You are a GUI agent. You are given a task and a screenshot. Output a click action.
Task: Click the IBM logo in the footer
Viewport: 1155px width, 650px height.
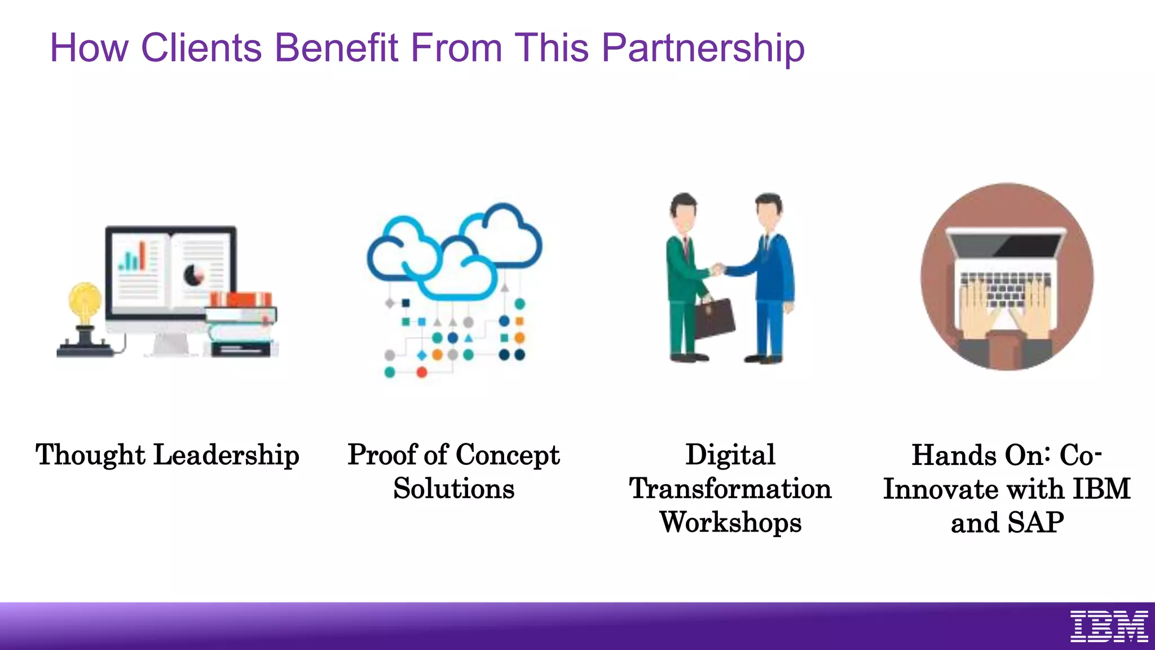1109,626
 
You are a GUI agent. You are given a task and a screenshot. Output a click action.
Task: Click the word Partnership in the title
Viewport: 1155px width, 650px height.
703,49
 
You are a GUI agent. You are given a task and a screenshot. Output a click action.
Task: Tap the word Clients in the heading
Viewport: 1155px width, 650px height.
201,47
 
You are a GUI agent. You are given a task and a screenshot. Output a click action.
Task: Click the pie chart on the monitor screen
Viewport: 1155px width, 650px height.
194,275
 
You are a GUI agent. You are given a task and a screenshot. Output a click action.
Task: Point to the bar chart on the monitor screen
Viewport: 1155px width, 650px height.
133,257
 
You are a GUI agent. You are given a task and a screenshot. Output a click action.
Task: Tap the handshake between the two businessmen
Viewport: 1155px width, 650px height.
717,269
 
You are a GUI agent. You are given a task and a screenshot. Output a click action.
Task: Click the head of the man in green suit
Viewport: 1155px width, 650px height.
684,211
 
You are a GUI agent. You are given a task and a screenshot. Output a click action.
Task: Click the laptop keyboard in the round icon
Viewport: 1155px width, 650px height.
1006,288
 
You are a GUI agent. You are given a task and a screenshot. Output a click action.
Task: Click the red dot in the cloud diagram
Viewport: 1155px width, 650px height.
421,372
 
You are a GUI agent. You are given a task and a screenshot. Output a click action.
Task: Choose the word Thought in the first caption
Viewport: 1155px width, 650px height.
90,455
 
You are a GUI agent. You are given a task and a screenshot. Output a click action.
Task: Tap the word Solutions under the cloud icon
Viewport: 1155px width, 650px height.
454,489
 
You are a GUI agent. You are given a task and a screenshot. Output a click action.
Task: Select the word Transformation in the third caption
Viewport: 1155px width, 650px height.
730,489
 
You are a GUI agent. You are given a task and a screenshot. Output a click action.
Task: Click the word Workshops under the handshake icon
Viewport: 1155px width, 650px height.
730,522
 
